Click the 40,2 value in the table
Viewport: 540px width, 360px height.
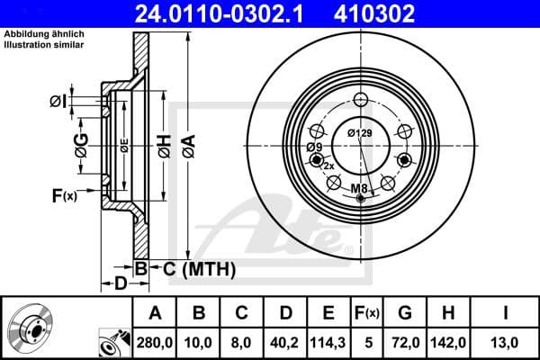click(284, 343)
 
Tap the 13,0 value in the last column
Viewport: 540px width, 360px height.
click(506, 343)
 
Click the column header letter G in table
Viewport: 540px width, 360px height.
click(405, 314)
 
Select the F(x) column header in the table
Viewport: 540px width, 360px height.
click(367, 314)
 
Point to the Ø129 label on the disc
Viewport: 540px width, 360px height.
click(360, 133)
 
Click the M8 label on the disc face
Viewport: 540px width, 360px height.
click(359, 187)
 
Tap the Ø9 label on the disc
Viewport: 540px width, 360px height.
click(313, 146)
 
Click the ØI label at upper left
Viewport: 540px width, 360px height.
click(57, 101)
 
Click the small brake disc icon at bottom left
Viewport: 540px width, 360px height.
click(30, 328)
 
